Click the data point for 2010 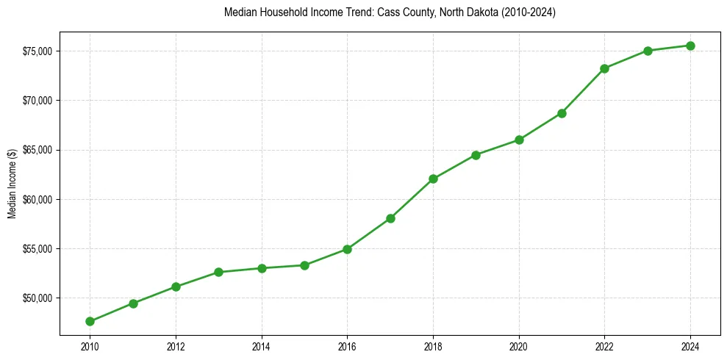90,321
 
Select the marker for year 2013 218,272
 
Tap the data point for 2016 347,249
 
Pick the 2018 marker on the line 433,179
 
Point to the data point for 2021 562,113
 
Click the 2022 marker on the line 604,68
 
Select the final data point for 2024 690,46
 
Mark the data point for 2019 476,155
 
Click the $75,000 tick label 37,51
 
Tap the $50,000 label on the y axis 37,298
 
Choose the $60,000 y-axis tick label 37,199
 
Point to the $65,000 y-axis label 37,150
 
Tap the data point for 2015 304,265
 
